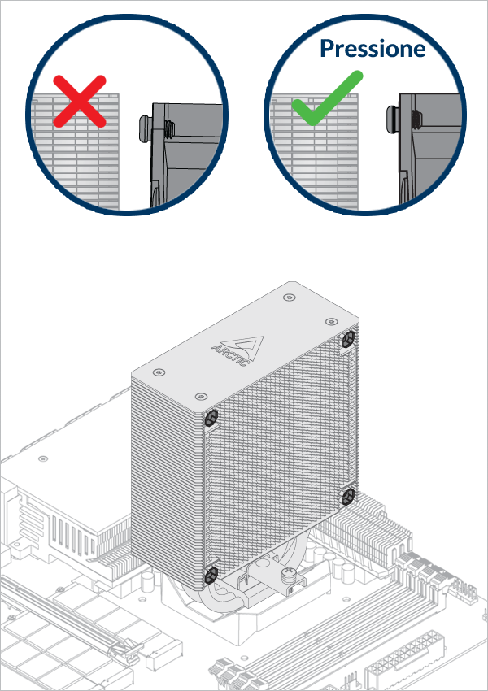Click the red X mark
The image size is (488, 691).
pos(80,101)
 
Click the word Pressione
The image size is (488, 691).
pos(372,48)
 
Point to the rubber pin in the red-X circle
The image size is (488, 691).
pos(147,125)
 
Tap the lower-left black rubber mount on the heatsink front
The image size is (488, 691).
pos(210,575)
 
